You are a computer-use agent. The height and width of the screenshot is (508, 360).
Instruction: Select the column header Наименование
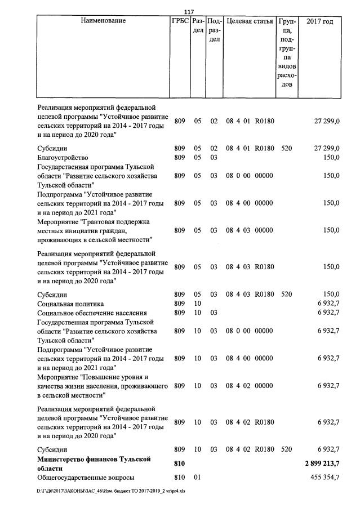(x=103, y=21)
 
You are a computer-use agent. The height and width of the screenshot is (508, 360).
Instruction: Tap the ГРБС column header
(x=180, y=21)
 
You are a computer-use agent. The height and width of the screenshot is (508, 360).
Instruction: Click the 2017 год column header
(x=320, y=21)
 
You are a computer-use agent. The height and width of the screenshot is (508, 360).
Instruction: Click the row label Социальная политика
(x=70, y=304)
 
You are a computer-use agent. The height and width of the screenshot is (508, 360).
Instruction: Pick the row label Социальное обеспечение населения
(x=92, y=313)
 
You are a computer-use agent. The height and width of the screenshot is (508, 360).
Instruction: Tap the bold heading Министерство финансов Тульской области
(x=94, y=464)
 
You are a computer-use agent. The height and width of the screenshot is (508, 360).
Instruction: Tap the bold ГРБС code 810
(x=180, y=464)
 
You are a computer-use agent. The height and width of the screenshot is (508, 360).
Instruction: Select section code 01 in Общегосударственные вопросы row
(x=197, y=478)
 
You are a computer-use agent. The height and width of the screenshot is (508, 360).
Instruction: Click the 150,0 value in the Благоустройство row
(x=331, y=158)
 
